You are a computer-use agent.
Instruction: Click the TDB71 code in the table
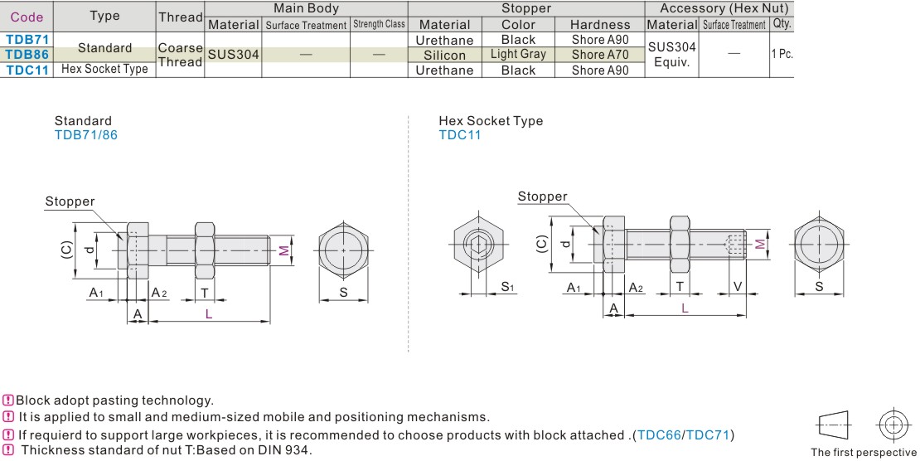coord(27,39)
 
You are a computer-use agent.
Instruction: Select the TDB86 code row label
coord(27,55)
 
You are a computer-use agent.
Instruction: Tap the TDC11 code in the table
coord(27,70)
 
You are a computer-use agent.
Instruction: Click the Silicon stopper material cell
coord(445,55)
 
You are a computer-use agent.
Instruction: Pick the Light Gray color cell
coord(518,55)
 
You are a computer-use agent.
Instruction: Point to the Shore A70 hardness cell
coord(600,55)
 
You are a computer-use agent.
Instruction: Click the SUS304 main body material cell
coord(233,55)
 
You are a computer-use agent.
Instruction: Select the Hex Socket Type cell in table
coord(104,70)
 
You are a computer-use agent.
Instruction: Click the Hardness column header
coord(600,25)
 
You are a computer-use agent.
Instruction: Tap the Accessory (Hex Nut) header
coord(724,8)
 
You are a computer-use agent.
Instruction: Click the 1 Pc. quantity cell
coord(782,54)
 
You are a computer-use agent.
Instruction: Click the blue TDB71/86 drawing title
coord(85,134)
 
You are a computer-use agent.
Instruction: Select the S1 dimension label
coord(507,287)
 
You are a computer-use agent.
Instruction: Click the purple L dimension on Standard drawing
coord(208,313)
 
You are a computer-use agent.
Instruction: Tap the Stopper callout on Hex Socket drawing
coord(542,197)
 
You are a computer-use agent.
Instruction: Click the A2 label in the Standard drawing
coord(158,291)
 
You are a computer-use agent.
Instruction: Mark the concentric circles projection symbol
coord(892,425)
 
